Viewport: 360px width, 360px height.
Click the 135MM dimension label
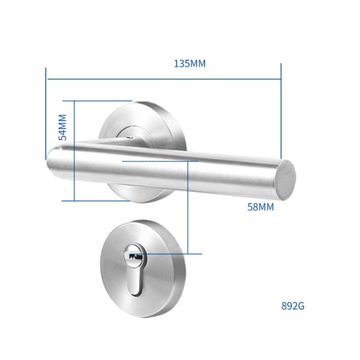point(190,64)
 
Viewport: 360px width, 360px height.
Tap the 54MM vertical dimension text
point(62,127)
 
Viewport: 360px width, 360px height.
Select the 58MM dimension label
point(260,207)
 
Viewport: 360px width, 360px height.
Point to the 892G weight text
point(293,306)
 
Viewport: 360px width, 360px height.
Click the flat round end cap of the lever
point(286,180)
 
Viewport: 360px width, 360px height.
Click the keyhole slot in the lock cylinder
point(134,256)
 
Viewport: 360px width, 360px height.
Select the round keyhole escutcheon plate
point(143,269)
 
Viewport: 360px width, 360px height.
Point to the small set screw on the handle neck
point(130,138)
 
